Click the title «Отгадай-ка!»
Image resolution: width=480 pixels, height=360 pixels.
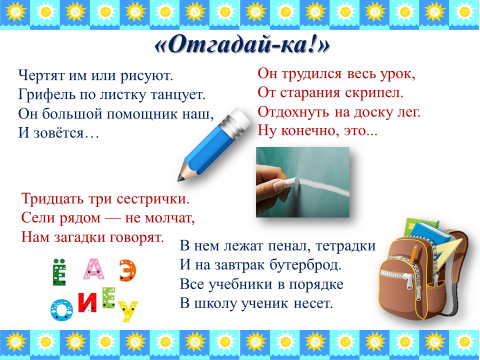242,46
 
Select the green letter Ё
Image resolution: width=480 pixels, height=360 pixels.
59,272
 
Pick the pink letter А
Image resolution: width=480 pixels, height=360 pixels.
94,269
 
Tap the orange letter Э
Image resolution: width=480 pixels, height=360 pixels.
127,270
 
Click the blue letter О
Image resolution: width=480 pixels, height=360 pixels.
61,309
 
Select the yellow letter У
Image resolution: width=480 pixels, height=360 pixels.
127,310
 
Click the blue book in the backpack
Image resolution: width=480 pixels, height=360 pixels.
430,234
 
